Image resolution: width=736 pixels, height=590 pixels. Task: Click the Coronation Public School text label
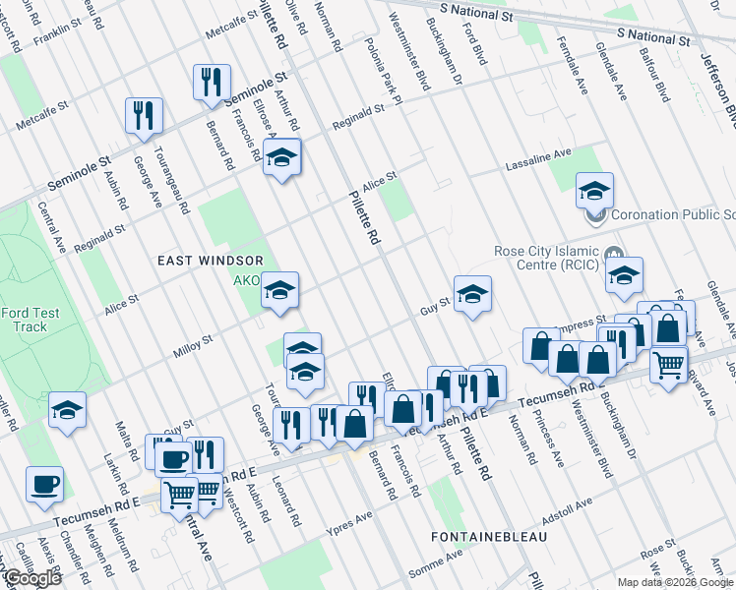(x=673, y=214)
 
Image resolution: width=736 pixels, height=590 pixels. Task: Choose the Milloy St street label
(x=193, y=344)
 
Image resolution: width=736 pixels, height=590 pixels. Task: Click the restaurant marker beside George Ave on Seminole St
(x=144, y=116)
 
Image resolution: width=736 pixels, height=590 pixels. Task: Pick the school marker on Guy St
(x=472, y=293)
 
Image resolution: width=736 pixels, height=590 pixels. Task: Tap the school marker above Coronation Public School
(x=594, y=189)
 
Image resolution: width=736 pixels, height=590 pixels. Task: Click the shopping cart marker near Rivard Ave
(x=669, y=366)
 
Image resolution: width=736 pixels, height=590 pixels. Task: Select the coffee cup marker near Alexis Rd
(x=45, y=485)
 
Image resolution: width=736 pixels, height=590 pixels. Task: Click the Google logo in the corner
(x=32, y=578)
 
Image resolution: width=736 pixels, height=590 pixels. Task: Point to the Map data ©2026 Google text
(x=675, y=582)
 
